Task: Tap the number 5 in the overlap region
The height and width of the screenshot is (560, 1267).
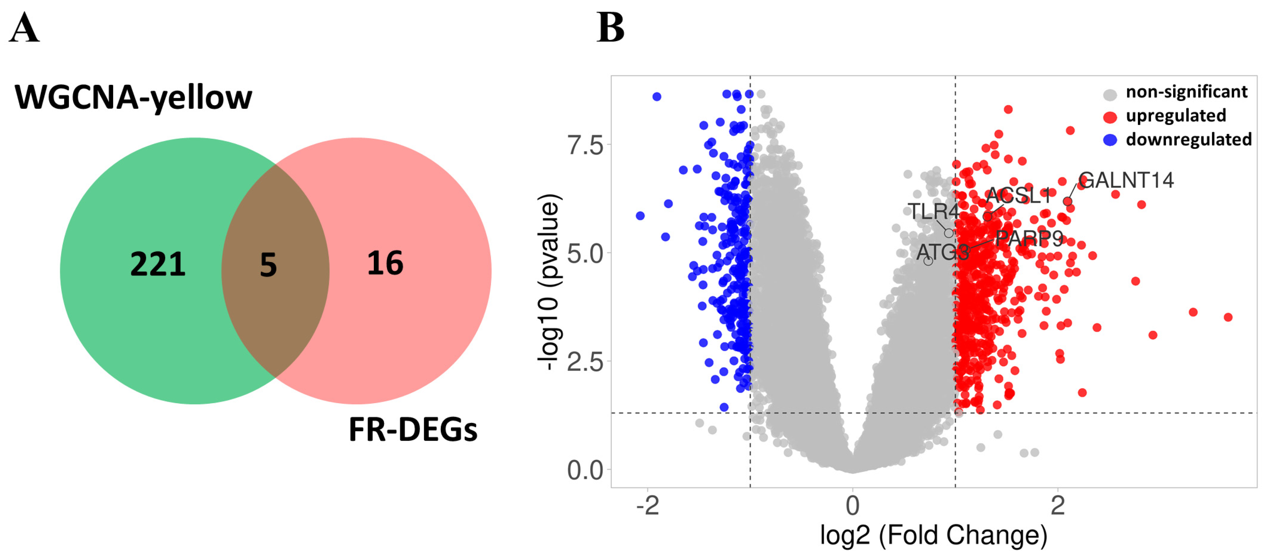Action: click(x=268, y=265)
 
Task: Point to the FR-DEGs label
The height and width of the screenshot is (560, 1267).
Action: click(x=413, y=430)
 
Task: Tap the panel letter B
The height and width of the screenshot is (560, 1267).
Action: click(x=610, y=28)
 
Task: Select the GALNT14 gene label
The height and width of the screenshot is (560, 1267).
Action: click(x=1126, y=180)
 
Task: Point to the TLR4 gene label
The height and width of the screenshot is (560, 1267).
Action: click(x=933, y=212)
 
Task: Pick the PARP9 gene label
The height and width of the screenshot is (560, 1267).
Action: click(x=1029, y=239)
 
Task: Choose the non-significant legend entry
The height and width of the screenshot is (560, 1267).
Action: click(x=1186, y=92)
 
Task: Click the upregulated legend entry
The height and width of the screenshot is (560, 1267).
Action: click(x=1175, y=116)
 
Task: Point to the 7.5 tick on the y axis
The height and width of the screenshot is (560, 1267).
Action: click(x=585, y=146)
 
